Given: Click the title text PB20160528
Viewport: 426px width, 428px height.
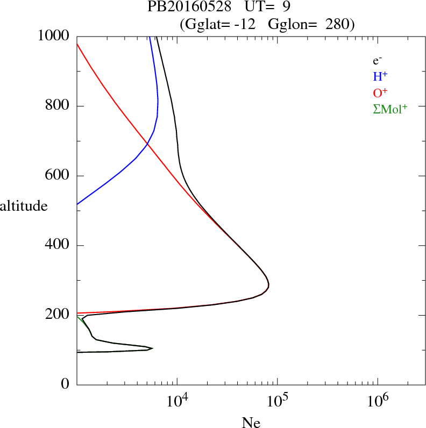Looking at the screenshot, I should click(x=190, y=7).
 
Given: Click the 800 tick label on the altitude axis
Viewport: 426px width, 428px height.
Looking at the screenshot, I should click(x=58, y=105).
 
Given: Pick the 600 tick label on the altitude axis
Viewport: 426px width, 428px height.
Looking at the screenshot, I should click(x=58, y=175).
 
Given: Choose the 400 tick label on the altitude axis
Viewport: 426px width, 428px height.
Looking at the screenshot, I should click(x=58, y=245).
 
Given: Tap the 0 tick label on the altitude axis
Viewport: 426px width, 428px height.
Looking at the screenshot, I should click(x=66, y=384).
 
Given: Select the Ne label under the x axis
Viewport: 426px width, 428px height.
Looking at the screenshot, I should click(x=251, y=423).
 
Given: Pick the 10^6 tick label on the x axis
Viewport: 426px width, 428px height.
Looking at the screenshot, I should click(x=378, y=400).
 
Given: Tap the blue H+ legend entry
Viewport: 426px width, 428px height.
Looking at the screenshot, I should click(x=380, y=77).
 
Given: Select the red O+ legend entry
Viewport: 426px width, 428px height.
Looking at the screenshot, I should click(x=380, y=93).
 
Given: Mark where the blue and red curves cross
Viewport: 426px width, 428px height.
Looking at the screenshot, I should click(x=147, y=144).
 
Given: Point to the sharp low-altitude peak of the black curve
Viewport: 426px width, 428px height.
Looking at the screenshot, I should click(x=152, y=348).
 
